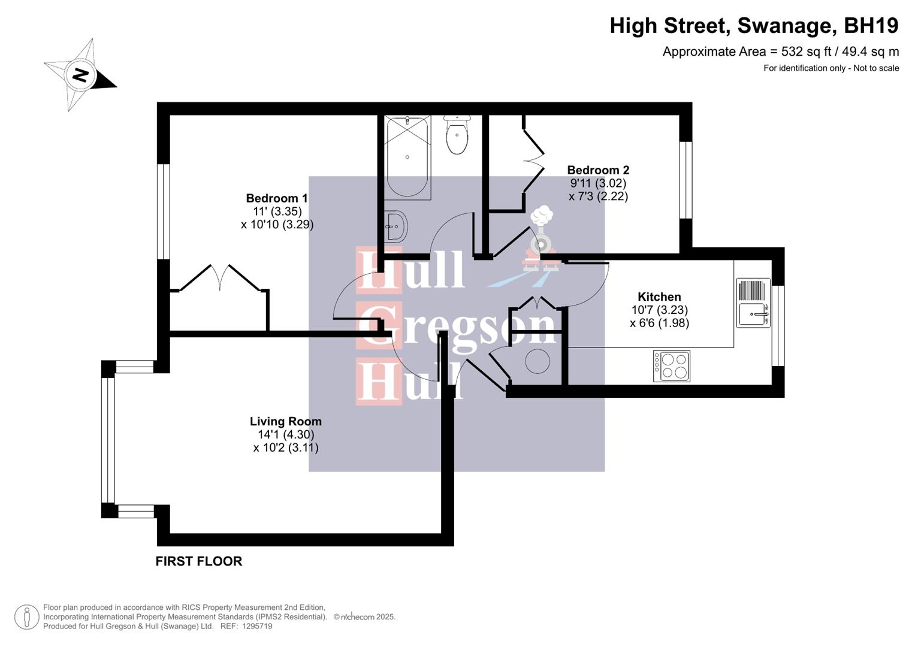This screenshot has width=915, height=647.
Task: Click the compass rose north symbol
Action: [80, 75]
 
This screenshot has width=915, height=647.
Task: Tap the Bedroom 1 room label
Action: [277, 198]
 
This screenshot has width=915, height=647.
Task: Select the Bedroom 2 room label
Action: [598, 170]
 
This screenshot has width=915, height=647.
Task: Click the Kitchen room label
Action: [659, 297]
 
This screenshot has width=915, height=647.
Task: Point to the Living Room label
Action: [286, 421]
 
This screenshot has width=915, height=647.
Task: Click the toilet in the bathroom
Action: [457, 135]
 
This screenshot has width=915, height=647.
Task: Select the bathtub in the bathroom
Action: [407, 157]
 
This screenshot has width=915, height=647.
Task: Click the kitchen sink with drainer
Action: [753, 303]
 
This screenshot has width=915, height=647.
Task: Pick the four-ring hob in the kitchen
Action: [671, 366]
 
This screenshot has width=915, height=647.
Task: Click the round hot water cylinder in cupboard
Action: [537, 361]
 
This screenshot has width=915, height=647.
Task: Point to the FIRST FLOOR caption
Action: [199, 561]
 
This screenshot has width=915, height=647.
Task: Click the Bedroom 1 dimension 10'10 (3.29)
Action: [277, 225]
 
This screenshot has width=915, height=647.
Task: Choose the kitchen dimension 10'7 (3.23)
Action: [659, 310]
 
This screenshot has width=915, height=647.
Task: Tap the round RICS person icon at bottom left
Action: [26, 617]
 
